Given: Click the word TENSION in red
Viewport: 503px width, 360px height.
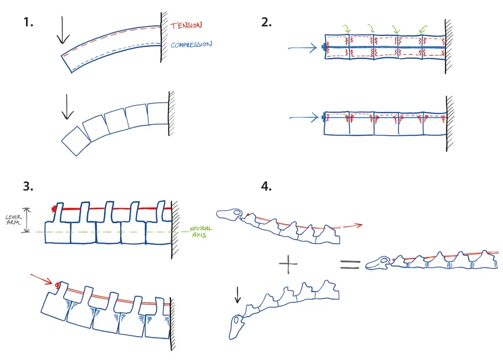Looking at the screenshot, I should click(187, 25).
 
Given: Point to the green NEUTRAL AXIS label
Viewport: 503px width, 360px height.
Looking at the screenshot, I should click(201, 232).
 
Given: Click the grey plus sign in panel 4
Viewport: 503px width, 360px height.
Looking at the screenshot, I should click(288, 263).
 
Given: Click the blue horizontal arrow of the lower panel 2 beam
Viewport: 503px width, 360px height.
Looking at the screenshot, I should click(304, 118).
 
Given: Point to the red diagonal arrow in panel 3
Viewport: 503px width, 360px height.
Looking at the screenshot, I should click(41, 279).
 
